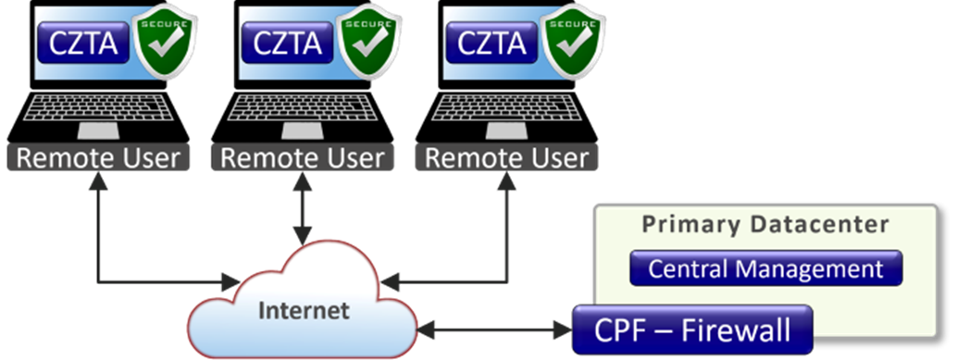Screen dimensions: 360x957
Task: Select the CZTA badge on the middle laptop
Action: tap(287, 43)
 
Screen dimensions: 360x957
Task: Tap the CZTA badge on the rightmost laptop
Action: tap(491, 43)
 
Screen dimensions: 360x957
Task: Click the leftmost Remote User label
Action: tap(98, 157)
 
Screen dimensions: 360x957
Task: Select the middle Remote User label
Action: tap(302, 157)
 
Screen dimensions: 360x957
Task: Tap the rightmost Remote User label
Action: tap(506, 157)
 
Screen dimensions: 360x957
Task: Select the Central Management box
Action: tap(765, 269)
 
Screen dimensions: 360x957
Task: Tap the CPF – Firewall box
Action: tap(691, 329)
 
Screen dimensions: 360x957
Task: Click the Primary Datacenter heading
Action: tap(765, 225)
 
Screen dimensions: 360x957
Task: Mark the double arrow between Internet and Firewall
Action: tap(492, 329)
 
